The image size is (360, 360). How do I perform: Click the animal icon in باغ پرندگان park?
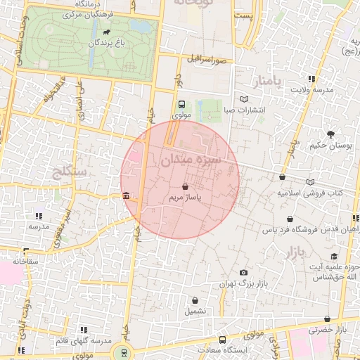105,32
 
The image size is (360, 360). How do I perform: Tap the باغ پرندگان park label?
105,43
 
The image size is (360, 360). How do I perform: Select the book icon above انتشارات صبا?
244,99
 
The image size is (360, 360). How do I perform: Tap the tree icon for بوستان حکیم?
330,134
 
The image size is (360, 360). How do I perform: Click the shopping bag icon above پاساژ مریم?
185,187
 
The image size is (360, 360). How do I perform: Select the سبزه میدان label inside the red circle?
191,160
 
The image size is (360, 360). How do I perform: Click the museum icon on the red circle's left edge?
125,195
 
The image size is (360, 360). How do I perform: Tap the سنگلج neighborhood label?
69,171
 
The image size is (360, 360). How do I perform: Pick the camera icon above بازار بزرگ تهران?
244,272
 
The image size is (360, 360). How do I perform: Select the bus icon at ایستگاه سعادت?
223,340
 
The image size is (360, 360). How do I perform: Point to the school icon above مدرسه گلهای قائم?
84,330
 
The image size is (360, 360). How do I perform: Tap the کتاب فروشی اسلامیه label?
309,192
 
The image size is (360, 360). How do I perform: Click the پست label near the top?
244,15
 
